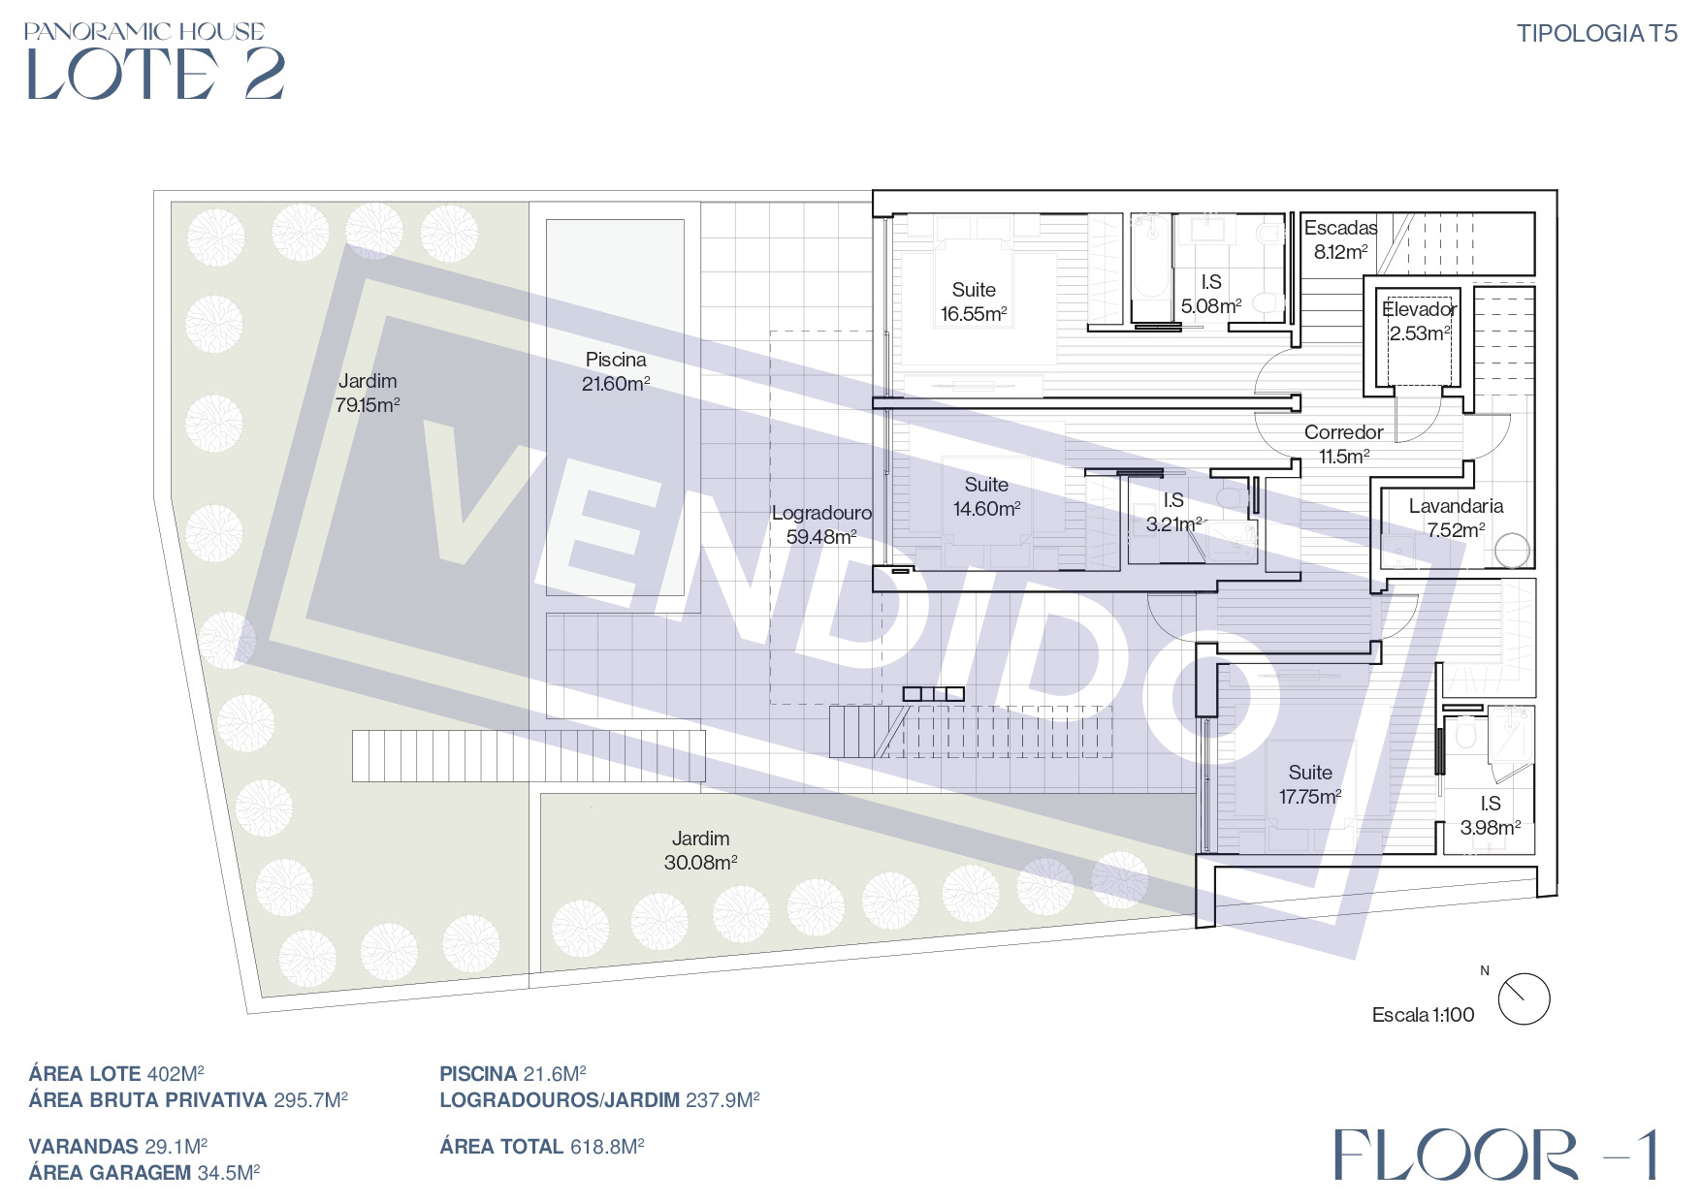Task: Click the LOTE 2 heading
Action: (x=155, y=74)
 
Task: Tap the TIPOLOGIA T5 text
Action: (x=1596, y=34)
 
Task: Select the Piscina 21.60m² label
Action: (x=616, y=371)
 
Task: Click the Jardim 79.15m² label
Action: (x=368, y=393)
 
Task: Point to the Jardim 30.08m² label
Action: (x=700, y=850)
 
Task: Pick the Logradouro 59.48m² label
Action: (x=821, y=524)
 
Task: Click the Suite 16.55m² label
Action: (x=974, y=301)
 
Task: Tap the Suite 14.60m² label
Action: (x=986, y=496)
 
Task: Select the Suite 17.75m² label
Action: (x=1310, y=784)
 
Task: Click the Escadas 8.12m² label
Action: (x=1340, y=239)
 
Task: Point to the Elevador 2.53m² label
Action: (x=1419, y=321)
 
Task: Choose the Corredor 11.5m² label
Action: (x=1343, y=444)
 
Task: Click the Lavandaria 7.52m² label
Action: (x=1456, y=518)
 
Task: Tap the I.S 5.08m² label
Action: (x=1211, y=294)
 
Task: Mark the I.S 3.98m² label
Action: (x=1491, y=815)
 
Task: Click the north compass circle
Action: (x=1524, y=998)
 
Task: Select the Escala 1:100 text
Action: (x=1423, y=1015)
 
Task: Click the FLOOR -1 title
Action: (x=1496, y=1155)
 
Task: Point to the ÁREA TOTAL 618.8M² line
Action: (x=542, y=1147)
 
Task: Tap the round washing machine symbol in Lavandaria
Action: (x=1512, y=551)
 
